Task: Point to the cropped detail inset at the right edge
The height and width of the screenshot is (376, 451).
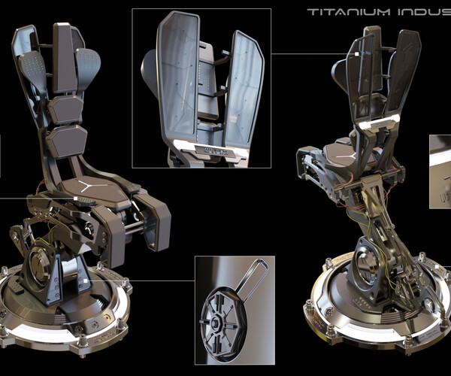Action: [440, 171]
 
